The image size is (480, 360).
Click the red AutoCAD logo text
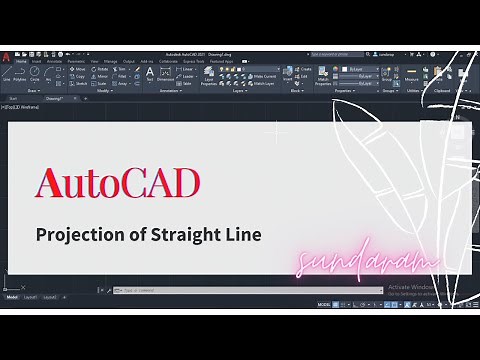tap(117, 183)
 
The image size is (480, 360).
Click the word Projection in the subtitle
tap(79, 235)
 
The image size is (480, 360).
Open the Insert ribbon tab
tap(37, 61)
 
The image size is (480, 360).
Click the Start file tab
tap(14, 99)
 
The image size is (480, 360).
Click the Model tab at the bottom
tap(12, 297)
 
